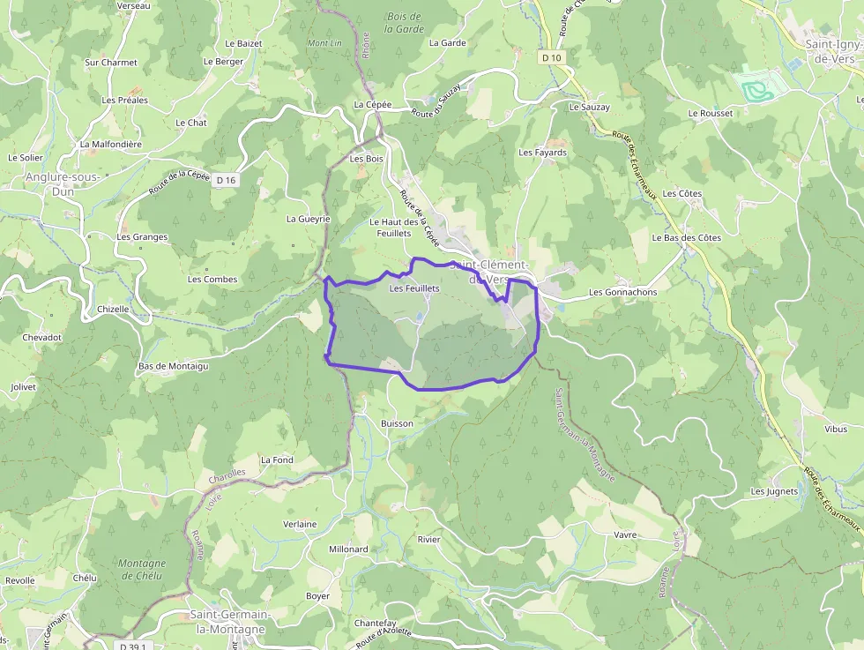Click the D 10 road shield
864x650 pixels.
pos(552,57)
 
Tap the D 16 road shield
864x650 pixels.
pos(227,180)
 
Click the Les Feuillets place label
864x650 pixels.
pos(414,288)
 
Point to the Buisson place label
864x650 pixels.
pos(397,423)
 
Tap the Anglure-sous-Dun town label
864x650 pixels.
pos(62,183)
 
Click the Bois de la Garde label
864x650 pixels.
pos(405,22)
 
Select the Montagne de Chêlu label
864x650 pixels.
pos(141,570)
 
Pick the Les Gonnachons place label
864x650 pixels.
pos(622,292)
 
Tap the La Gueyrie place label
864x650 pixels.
pos(308,218)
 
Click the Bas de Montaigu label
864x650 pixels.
pos(173,365)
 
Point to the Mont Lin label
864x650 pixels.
pos(324,43)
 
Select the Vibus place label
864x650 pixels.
pos(835,430)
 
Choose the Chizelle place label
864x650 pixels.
pos(113,309)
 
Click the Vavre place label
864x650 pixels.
pos(624,534)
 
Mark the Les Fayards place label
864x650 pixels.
pos(543,153)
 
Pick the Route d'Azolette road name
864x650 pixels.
pos(384,638)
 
